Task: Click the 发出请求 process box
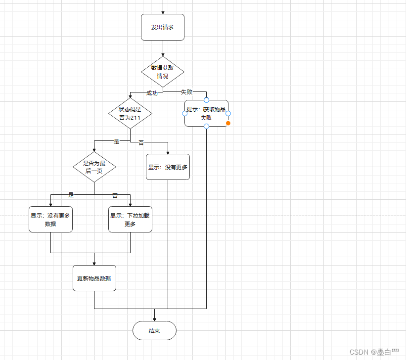pyautogui.click(x=163, y=27)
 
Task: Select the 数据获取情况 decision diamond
pyautogui.click(x=163, y=72)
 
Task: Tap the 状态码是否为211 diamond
pyautogui.click(x=130, y=113)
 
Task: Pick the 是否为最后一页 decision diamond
pyautogui.click(x=94, y=167)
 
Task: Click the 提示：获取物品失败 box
pyautogui.click(x=206, y=113)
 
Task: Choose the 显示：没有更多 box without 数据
pyautogui.click(x=168, y=167)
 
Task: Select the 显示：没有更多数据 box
pyautogui.click(x=50, y=219)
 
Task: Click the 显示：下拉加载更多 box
pyautogui.click(x=130, y=219)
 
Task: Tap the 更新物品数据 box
pyautogui.click(x=94, y=278)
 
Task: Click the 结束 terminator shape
pyautogui.click(x=154, y=330)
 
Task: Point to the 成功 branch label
pyautogui.click(x=152, y=93)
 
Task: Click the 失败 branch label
pyautogui.click(x=186, y=91)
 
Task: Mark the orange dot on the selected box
pyautogui.click(x=228, y=123)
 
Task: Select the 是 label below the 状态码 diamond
pyautogui.click(x=117, y=141)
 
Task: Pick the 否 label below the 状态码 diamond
pyautogui.click(x=141, y=143)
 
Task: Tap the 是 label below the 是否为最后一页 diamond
pyautogui.click(x=71, y=195)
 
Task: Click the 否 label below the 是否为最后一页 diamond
pyautogui.click(x=115, y=195)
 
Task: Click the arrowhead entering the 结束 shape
pyautogui.click(x=154, y=318)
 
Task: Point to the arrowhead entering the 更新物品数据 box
pyautogui.click(x=94, y=263)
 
